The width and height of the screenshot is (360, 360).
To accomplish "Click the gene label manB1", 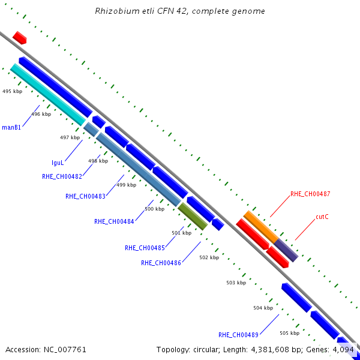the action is (11, 127).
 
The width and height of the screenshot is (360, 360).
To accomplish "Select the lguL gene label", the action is (58, 163).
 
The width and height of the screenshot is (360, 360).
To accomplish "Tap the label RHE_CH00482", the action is (62, 176).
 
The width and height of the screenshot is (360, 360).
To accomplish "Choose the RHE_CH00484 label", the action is (114, 221).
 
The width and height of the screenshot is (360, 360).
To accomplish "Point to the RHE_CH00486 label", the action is (161, 263).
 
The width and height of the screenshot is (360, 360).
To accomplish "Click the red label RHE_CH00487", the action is (310, 194).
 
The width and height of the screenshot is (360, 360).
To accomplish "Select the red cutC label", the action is (322, 217).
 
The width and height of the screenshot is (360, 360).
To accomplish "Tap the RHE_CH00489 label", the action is (238, 335).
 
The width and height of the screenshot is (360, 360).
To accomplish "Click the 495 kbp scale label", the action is (13, 91).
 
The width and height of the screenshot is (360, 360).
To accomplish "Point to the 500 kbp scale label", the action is (155, 209).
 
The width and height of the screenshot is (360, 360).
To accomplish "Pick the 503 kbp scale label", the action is (236, 283).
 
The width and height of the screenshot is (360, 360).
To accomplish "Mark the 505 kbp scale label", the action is (290, 333).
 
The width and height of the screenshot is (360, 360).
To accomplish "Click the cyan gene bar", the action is (48, 95).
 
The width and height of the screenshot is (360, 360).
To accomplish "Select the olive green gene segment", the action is (193, 216).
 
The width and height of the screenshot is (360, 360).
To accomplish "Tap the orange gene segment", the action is (261, 227).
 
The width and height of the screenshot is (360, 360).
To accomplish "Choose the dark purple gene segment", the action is (286, 250).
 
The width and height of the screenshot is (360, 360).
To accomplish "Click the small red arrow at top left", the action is (20, 38).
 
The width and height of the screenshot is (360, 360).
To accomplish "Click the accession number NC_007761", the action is (65, 350).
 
